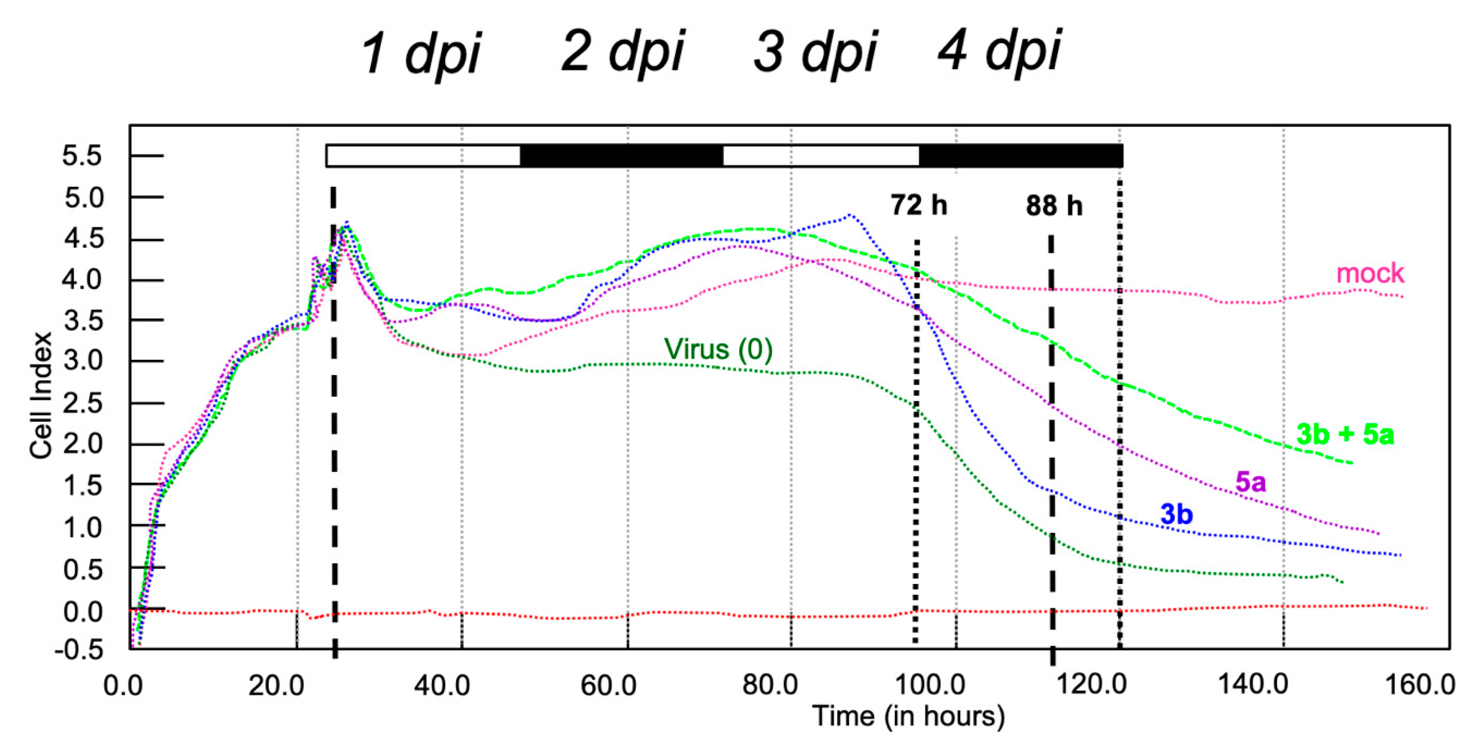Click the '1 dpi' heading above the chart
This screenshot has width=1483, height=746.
pyautogui.click(x=421, y=53)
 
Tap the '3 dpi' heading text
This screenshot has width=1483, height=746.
pyautogui.click(x=815, y=52)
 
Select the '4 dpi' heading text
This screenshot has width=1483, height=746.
pyautogui.click(x=999, y=51)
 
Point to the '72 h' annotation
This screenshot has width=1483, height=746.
pyautogui.click(x=918, y=205)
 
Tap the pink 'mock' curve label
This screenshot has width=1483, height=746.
pyautogui.click(x=1370, y=273)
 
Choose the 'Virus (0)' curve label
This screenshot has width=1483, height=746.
pyautogui.click(x=718, y=349)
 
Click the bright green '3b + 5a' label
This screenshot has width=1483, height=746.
pyautogui.click(x=1345, y=434)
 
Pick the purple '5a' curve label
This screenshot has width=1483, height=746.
pyautogui.click(x=1251, y=481)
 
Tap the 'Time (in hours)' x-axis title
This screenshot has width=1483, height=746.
pyautogui.click(x=908, y=716)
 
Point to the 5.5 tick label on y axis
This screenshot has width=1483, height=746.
pyautogui.click(x=82, y=156)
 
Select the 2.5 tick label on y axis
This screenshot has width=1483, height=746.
pyautogui.click(x=82, y=403)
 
